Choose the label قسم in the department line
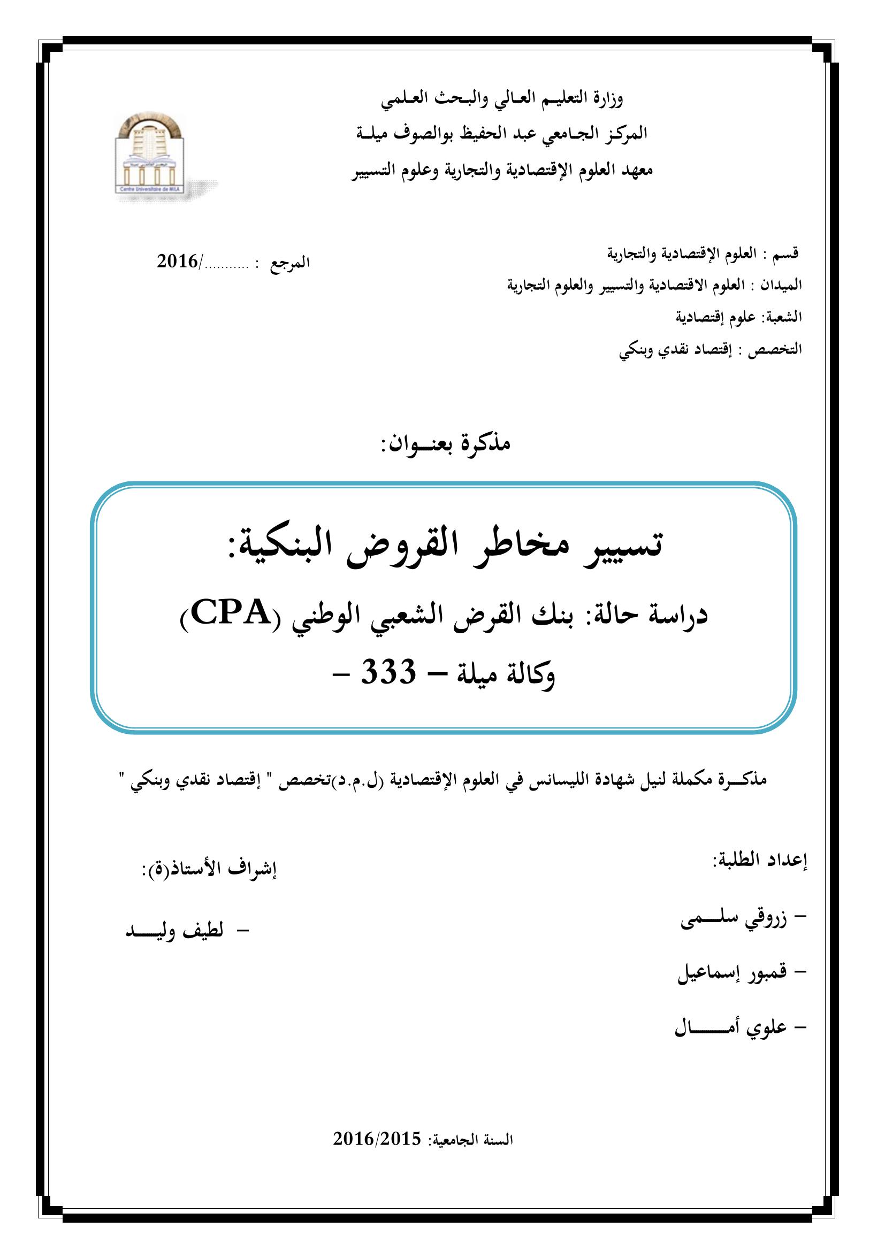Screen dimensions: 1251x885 point(786,254)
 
